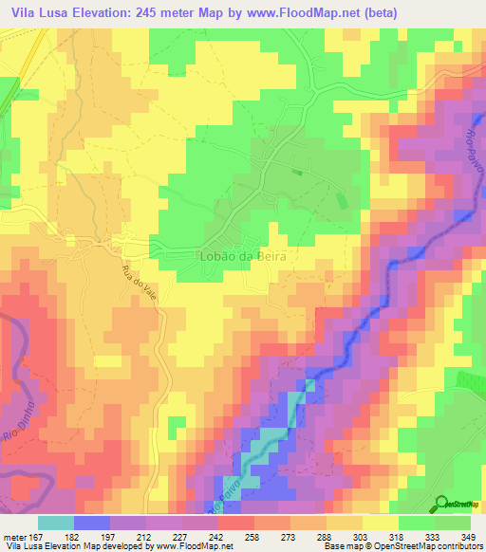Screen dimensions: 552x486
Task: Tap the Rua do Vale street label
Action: click(x=138, y=284)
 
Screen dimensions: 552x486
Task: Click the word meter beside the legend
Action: click(x=12, y=535)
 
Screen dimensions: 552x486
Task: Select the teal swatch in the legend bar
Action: click(x=56, y=522)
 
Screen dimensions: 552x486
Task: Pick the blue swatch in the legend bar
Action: click(x=92, y=522)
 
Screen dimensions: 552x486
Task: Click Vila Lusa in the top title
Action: click(x=41, y=12)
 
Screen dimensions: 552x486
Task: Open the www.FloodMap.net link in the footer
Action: click(x=193, y=546)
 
